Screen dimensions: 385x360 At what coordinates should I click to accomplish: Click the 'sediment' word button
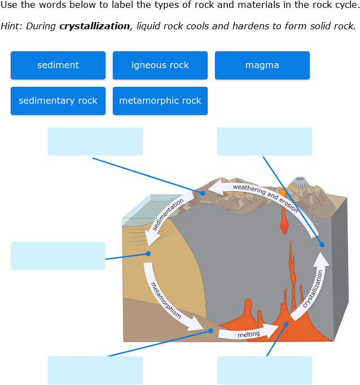[58, 65]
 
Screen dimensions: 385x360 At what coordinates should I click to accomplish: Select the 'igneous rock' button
[160, 65]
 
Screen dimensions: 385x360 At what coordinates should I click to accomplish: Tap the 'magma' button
[262, 65]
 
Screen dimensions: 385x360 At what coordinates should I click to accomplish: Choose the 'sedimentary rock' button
[58, 101]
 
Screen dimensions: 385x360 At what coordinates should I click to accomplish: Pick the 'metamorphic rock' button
[160, 101]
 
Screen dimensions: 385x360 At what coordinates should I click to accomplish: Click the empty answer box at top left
[95, 141]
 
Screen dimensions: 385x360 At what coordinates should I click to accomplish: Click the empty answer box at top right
[265, 141]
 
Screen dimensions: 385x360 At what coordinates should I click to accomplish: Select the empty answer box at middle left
[58, 256]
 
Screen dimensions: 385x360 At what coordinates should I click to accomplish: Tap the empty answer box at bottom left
[95, 370]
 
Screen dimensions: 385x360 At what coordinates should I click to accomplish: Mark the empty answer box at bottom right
[265, 370]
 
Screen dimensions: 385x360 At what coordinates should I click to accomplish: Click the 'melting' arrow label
[248, 334]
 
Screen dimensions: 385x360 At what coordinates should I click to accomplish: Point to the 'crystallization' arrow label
[313, 288]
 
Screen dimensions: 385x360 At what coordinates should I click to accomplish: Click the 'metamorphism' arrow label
[166, 300]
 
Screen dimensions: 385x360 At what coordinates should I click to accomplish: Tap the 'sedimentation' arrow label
[168, 214]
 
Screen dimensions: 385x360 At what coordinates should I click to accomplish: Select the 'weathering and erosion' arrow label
[265, 197]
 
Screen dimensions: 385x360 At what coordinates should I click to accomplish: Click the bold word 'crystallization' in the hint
[94, 26]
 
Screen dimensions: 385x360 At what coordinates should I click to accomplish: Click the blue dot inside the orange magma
[286, 324]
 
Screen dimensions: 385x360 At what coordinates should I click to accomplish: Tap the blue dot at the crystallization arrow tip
[322, 244]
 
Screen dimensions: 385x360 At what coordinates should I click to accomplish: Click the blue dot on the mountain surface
[203, 193]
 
